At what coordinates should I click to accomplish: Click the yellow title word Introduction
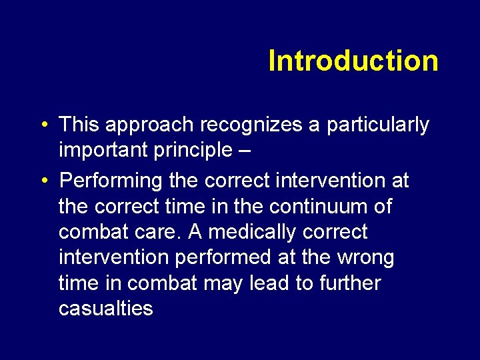[353, 61]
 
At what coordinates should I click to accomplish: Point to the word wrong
[365, 257]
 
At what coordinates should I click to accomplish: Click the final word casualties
[105, 309]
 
